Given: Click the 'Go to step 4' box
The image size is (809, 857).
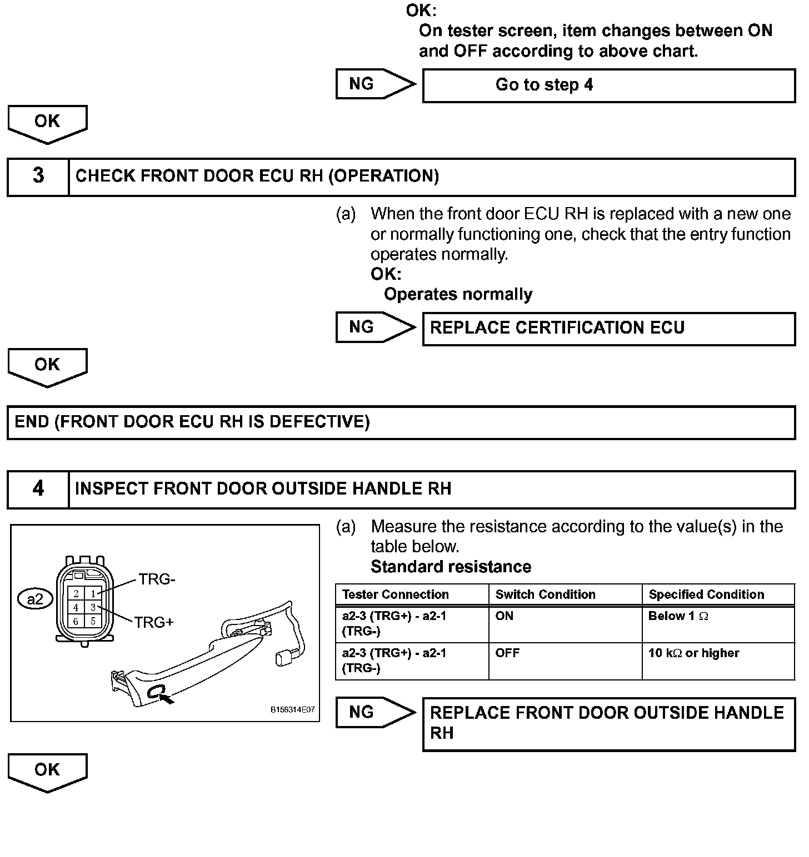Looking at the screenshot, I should [x=608, y=85].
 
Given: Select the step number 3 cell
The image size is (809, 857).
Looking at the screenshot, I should [x=38, y=176].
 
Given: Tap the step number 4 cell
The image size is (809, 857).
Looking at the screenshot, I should [x=38, y=488].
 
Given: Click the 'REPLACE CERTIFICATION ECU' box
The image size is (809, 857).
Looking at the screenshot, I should [x=608, y=328].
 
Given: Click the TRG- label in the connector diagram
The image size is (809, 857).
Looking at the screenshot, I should [x=157, y=579].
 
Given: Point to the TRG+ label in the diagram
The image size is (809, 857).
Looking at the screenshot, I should [x=154, y=623].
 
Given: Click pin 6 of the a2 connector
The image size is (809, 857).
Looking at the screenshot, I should [x=76, y=621].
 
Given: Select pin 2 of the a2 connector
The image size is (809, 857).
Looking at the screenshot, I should [x=76, y=594].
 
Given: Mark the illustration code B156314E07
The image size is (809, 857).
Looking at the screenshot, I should [x=292, y=710].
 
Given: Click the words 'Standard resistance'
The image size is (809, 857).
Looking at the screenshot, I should [x=451, y=567].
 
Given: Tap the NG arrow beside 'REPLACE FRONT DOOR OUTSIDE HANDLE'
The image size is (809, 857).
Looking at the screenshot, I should [x=375, y=712].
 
